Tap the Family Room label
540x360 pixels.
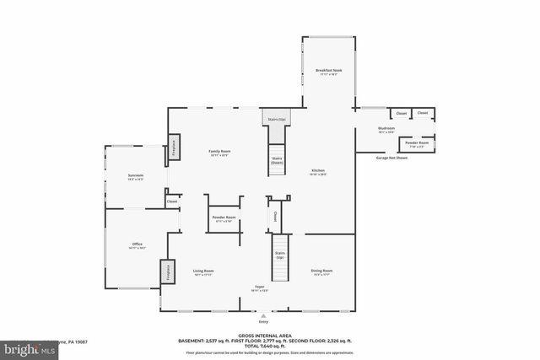coord(219,153)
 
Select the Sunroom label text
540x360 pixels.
coord(135,177)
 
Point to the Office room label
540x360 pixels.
coord(138,246)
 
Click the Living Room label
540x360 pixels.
coord(203,272)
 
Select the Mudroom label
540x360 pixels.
coord(386,130)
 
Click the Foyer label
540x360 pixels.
coord(261,287)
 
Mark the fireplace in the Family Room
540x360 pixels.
coord(174,147)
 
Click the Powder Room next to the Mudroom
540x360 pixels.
coord(418,144)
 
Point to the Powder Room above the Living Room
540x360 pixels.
coord(224,219)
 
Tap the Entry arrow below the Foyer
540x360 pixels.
coord(262,314)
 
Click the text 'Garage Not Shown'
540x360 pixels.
coord(391,158)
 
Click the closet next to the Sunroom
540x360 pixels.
coord(171,201)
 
